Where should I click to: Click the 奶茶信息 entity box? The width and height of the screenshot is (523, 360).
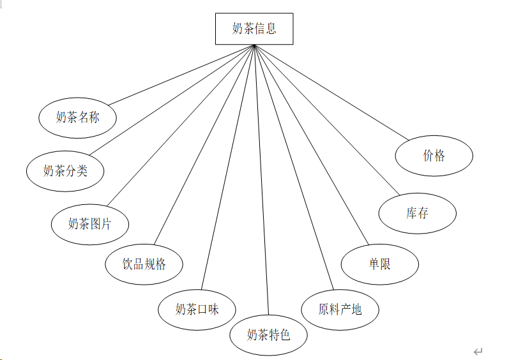tap(254, 29)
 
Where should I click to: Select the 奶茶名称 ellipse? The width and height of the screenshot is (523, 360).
tap(78, 117)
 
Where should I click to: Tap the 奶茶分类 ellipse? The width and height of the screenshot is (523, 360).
tap(65, 170)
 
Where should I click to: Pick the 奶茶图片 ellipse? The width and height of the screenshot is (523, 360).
tap(90, 223)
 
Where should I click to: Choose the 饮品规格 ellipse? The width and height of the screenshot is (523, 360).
tap(144, 264)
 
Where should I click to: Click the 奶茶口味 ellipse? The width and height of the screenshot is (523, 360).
tap(197, 309)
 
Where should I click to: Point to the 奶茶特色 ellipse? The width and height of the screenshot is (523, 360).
tap(269, 334)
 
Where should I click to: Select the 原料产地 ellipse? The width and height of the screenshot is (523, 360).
tap(340, 309)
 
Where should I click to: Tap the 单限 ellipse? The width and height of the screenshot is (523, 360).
tap(380, 264)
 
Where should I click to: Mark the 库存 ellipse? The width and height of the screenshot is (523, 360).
tap(418, 213)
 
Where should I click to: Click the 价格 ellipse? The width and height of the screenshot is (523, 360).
tap(434, 155)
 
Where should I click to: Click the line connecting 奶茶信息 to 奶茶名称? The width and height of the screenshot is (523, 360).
tap(181, 75)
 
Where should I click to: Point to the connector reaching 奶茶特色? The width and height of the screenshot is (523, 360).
tap(261, 179)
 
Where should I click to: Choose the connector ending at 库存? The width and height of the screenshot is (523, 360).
tap(327, 119)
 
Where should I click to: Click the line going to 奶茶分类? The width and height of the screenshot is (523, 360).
tap(171, 100)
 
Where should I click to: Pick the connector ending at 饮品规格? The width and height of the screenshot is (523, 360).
tap(204, 145)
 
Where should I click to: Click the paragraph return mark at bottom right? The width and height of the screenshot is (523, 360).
tap(478, 351)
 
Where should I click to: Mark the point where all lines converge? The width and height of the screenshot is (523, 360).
tap(254, 45)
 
